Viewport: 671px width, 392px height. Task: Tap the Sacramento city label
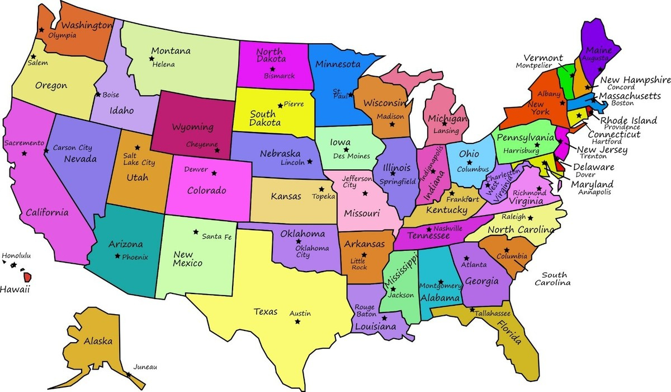(24, 143)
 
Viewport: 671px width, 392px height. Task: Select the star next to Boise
(98, 95)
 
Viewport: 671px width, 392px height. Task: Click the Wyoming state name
(192, 127)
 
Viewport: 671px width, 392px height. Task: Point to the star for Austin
(297, 321)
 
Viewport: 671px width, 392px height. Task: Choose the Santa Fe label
(217, 236)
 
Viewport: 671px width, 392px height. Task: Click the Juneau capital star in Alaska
(128, 375)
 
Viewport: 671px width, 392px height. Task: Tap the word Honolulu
(16, 256)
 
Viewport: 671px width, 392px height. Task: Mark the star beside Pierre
(280, 105)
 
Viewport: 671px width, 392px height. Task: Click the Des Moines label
(352, 156)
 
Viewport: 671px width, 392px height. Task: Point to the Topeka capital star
(322, 189)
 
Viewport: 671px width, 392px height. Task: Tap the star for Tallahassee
(472, 310)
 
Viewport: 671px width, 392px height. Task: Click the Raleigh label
(513, 217)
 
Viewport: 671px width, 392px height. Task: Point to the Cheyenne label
(202, 144)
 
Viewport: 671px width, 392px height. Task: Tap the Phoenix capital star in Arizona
(117, 256)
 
